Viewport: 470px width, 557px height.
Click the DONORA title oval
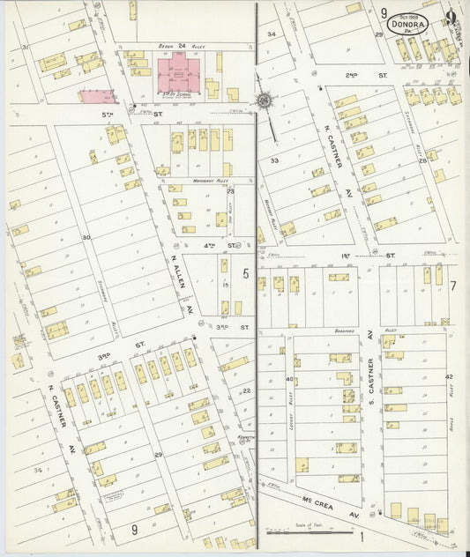tap(407, 25)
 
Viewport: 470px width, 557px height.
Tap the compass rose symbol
tap(264, 100)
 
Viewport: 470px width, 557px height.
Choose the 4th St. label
tap(232, 245)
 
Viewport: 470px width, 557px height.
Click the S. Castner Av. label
tap(371, 382)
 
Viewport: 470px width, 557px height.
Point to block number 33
tap(275, 160)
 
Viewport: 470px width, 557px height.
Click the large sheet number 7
tap(452, 285)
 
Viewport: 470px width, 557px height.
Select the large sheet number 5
tap(246, 274)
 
